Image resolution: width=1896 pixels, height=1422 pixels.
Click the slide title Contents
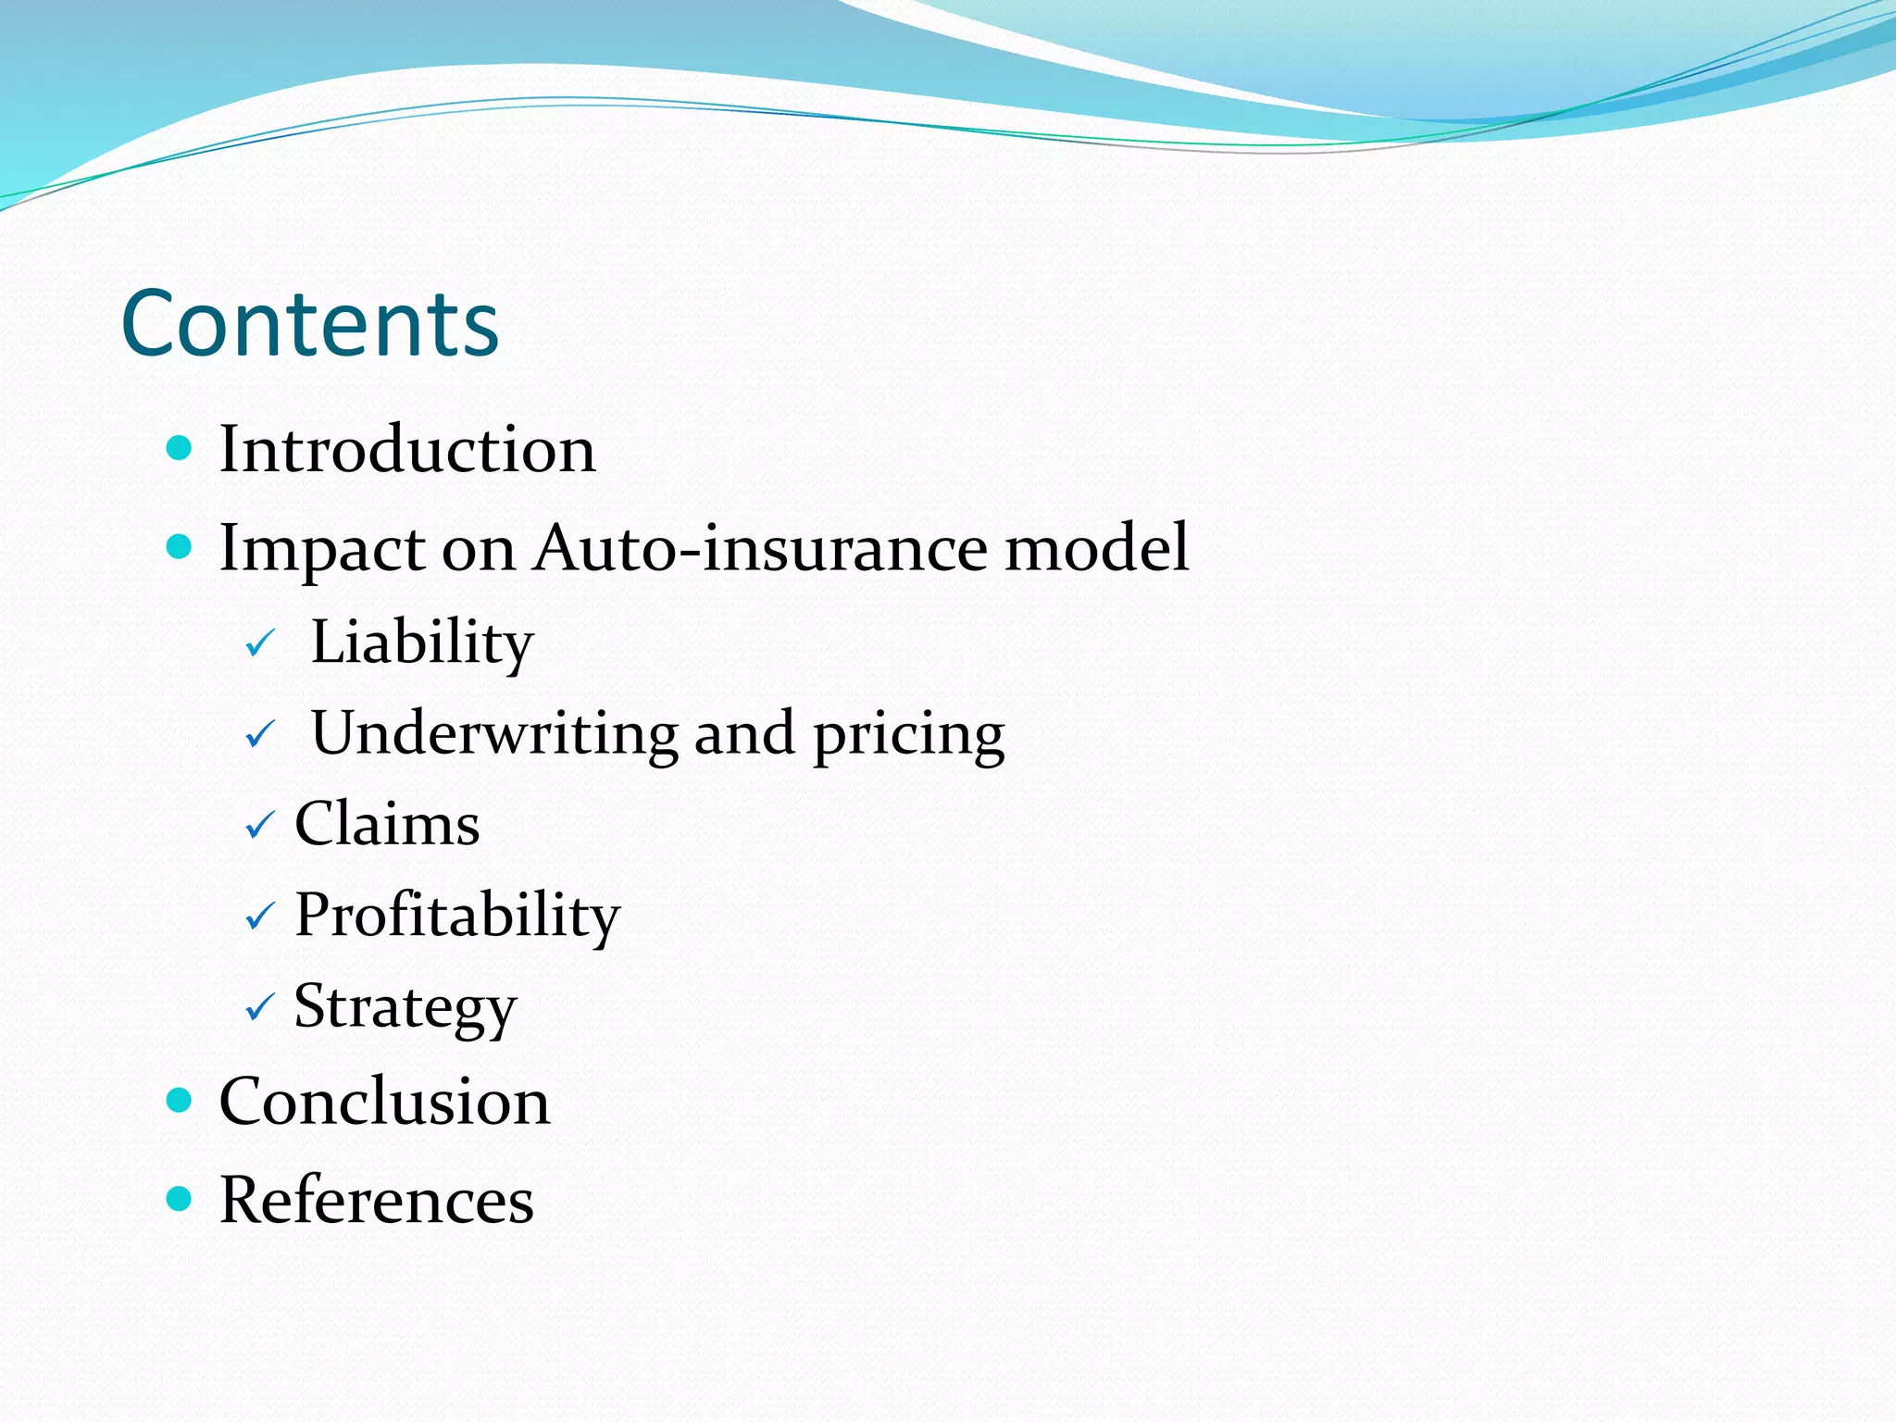click(310, 323)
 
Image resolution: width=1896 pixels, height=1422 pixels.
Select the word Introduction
click(407, 450)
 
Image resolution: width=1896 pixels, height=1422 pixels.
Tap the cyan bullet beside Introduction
click(179, 449)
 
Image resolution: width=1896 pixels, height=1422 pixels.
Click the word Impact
click(321, 549)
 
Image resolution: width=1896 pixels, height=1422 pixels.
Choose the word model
click(1096, 547)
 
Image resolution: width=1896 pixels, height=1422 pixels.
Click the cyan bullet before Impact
click(179, 546)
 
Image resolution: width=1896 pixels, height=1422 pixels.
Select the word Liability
click(422, 642)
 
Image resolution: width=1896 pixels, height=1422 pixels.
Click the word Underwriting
click(494, 733)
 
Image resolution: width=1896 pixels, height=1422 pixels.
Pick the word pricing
click(908, 735)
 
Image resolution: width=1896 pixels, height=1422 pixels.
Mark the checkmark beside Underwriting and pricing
click(260, 735)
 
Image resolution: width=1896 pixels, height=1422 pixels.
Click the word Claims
click(387, 823)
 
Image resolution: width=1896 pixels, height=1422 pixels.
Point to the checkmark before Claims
click(260, 825)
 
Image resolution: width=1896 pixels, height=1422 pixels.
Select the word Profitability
click(457, 916)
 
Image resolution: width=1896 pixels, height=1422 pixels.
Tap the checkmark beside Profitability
click(260, 917)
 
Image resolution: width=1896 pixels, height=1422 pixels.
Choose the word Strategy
click(405, 1007)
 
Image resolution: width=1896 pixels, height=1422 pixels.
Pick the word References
click(376, 1200)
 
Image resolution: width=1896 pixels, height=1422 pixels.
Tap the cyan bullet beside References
click(179, 1199)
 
